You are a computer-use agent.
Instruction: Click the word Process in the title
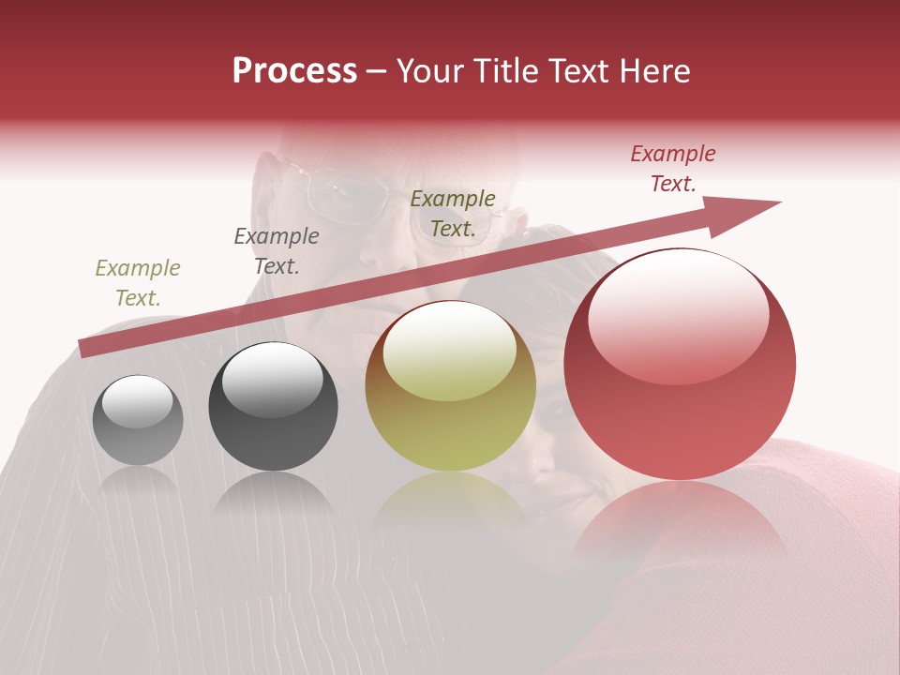pos(294,71)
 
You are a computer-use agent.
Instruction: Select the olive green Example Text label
pos(138,283)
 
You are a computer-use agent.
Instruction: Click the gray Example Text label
pos(277,251)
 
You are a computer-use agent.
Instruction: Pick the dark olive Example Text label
pos(453,214)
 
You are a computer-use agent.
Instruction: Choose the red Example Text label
pos(673,169)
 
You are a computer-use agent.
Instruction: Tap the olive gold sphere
pos(450,386)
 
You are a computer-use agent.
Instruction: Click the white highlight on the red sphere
pos(678,314)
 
